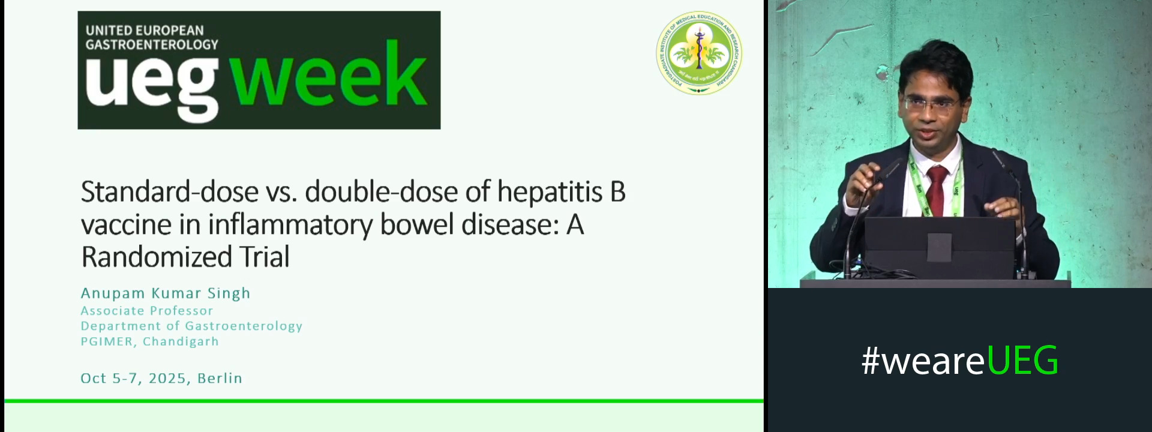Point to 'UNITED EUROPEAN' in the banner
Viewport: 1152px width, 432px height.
[x=145, y=30]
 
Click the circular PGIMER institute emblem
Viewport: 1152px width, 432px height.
[x=698, y=53]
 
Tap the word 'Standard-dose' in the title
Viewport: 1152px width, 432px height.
[x=170, y=192]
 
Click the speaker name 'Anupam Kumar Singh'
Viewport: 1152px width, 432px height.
[x=166, y=293]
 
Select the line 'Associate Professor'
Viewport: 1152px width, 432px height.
[x=147, y=311]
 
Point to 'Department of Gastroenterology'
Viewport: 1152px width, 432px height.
[x=191, y=326]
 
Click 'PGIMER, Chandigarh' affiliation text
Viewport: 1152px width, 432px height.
[x=149, y=341]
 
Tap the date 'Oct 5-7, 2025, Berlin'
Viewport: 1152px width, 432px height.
[x=161, y=378]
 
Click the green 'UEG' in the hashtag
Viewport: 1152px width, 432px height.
[x=1022, y=361]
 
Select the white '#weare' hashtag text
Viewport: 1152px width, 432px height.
[x=923, y=361]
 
